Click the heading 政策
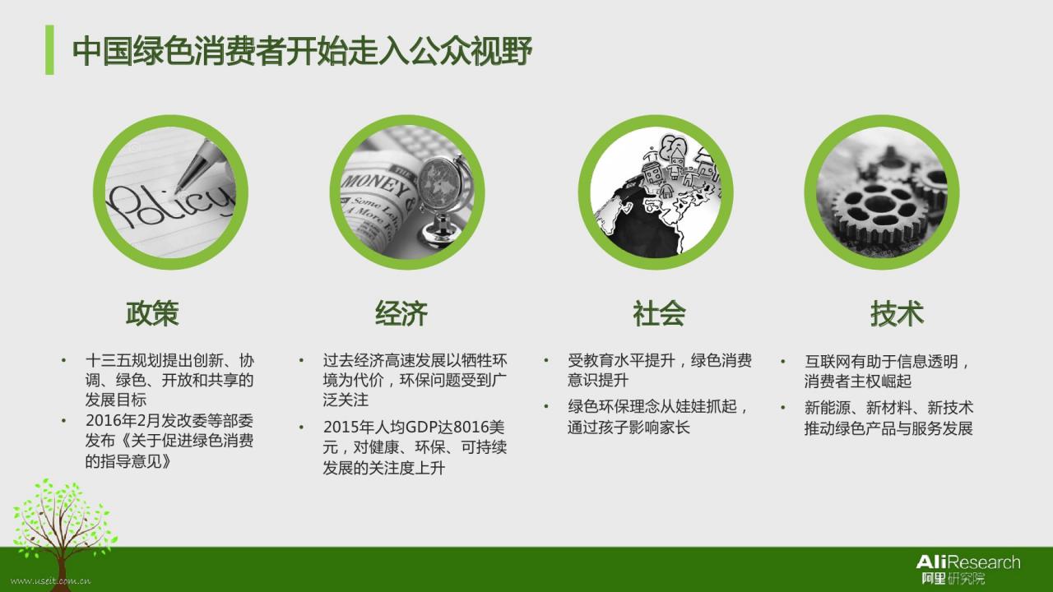[152, 313]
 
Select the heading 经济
[401, 313]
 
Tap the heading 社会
[659, 313]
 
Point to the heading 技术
[897, 313]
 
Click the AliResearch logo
[968, 569]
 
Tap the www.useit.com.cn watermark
[51, 581]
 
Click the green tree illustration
[62, 531]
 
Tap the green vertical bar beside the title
[49, 50]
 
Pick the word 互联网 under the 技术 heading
[828, 361]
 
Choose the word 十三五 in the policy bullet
[108, 361]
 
